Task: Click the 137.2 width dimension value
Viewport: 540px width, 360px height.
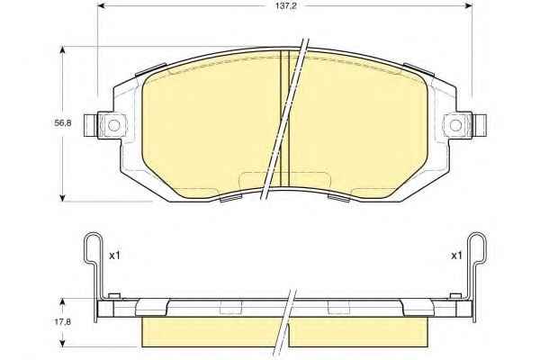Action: click(x=285, y=6)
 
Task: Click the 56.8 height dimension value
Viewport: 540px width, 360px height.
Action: click(x=63, y=123)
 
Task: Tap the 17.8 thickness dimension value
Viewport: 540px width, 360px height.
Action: click(x=63, y=322)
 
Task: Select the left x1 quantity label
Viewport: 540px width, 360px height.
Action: click(x=114, y=256)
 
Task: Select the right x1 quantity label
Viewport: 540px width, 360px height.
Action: click(x=456, y=256)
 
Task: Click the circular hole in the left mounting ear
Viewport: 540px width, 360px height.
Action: click(x=114, y=125)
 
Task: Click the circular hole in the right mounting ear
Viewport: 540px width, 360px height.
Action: click(x=456, y=125)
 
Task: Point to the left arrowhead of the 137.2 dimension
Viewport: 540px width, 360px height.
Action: click(x=102, y=5)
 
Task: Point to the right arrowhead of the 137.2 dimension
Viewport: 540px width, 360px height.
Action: click(x=468, y=5)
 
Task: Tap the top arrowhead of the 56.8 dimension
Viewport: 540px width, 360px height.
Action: click(x=62, y=50)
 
